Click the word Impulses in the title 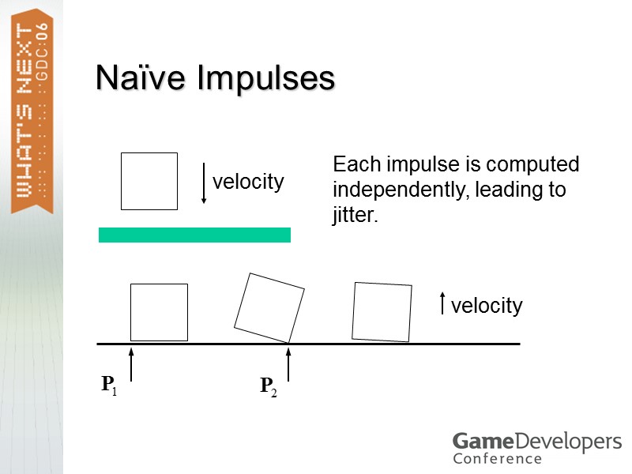point(266,80)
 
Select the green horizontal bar point(194,235)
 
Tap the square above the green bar point(149,181)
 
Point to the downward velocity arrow point(204,183)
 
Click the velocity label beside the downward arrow point(248,182)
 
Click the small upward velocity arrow point(442,304)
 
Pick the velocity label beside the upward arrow point(487,306)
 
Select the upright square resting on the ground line point(159,312)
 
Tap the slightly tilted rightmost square point(382,311)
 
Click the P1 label point(109,386)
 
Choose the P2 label point(269,386)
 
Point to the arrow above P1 point(131,362)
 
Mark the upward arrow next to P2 point(289,362)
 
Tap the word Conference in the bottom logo point(498,458)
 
